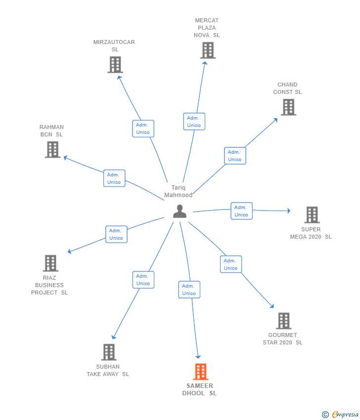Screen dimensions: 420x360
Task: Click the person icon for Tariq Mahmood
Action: (x=180, y=211)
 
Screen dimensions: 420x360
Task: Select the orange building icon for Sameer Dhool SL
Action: (x=200, y=372)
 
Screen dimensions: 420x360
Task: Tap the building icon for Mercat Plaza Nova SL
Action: (x=208, y=50)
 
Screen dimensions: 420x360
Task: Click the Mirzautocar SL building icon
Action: (x=115, y=65)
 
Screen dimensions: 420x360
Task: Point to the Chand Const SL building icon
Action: (x=288, y=107)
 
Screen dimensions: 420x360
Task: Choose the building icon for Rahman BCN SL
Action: (x=52, y=149)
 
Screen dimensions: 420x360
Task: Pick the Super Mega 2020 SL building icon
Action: (x=312, y=215)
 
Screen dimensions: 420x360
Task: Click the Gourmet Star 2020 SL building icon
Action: (x=283, y=321)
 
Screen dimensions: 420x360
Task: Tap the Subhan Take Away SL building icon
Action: (x=109, y=352)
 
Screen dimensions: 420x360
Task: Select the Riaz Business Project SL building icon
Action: (x=50, y=263)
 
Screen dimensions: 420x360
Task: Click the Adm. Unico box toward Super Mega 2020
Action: (x=241, y=211)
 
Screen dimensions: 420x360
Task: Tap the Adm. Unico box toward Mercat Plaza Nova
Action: (x=194, y=122)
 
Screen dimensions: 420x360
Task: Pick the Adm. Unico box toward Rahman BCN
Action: (x=114, y=178)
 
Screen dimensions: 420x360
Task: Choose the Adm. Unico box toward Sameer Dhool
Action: (x=189, y=290)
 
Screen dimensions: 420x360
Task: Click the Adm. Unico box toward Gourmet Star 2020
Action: (x=230, y=264)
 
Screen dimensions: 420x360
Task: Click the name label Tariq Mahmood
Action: (x=179, y=191)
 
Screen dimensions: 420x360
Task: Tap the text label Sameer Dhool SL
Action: (x=200, y=389)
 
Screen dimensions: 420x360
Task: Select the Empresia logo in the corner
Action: (x=341, y=415)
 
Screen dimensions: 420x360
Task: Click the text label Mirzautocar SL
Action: (x=114, y=45)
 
